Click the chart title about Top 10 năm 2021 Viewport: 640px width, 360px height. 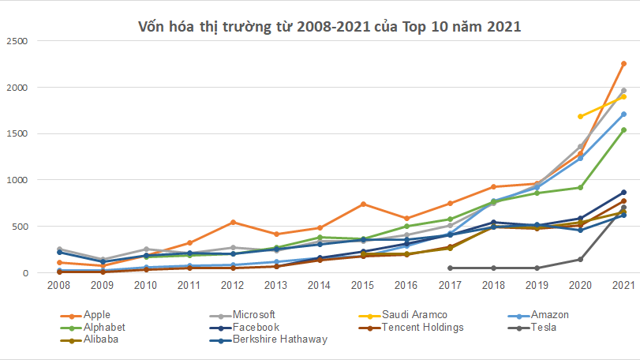point(329,26)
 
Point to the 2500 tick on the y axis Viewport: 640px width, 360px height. point(17,40)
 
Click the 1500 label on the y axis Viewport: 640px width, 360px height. point(17,133)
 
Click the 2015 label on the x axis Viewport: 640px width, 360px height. point(362,285)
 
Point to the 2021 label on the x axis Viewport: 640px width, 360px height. point(623,285)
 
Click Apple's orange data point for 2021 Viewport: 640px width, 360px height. point(623,63)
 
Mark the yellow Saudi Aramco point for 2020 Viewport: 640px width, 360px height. point(580,116)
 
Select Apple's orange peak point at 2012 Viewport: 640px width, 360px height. point(233,222)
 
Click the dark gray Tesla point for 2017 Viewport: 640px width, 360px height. point(450,268)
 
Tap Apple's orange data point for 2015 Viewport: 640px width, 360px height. point(363,204)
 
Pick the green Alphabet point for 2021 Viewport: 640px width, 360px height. point(623,130)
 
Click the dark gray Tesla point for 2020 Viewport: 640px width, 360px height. point(580,259)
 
